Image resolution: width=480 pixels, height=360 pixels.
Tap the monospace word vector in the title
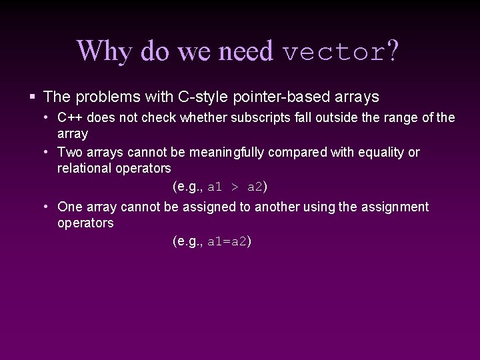point(333,51)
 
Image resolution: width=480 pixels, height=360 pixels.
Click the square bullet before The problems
point(32,97)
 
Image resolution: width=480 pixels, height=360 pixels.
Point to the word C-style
point(204,97)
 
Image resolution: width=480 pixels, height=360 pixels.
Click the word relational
point(85,168)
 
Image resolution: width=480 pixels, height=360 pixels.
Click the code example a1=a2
point(227,241)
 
